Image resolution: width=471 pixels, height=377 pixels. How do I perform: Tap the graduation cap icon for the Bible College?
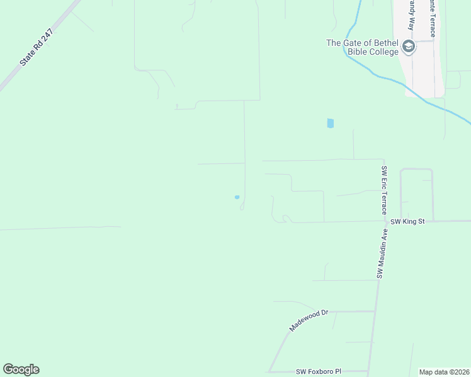409,46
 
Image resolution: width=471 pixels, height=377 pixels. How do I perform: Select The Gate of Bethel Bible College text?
363,47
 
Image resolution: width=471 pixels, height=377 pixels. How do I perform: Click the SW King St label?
408,222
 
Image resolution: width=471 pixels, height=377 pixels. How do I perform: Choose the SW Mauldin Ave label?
382,253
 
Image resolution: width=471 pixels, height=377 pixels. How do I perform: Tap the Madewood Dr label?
309,320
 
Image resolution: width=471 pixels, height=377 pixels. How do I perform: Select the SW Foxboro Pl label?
318,372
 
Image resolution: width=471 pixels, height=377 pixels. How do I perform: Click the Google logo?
21,369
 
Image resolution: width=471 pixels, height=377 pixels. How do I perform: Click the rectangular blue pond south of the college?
331,124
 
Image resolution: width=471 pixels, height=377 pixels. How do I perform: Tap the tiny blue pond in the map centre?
237,197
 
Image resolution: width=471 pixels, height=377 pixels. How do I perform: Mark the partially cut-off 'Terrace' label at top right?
432,18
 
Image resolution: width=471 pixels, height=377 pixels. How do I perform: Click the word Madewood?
305,322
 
